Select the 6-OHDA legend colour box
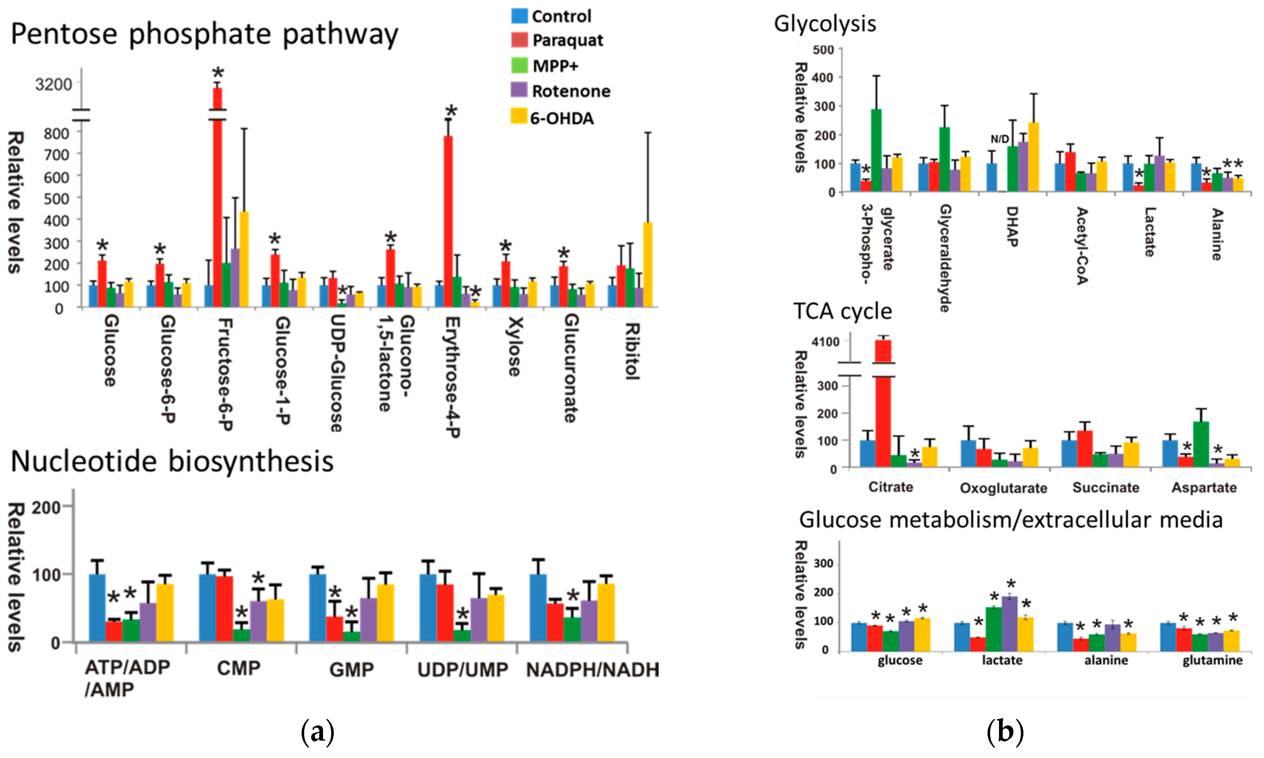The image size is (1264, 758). coord(519,116)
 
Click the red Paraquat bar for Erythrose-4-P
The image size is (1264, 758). coord(448,220)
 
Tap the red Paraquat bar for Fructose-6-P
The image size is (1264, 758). coord(218,204)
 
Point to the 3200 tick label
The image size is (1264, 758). coord(54,84)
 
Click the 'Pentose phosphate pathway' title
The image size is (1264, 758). coord(204,34)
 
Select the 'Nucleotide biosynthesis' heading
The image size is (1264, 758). coord(172,461)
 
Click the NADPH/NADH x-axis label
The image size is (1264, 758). coord(592,670)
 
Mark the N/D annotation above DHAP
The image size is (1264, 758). coord(999,139)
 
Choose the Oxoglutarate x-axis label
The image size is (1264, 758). coord(1003,488)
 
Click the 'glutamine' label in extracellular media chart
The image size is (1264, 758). coord(1212,660)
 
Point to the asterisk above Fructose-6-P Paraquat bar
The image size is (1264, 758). coord(218,72)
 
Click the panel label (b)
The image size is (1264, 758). coord(1005,732)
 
